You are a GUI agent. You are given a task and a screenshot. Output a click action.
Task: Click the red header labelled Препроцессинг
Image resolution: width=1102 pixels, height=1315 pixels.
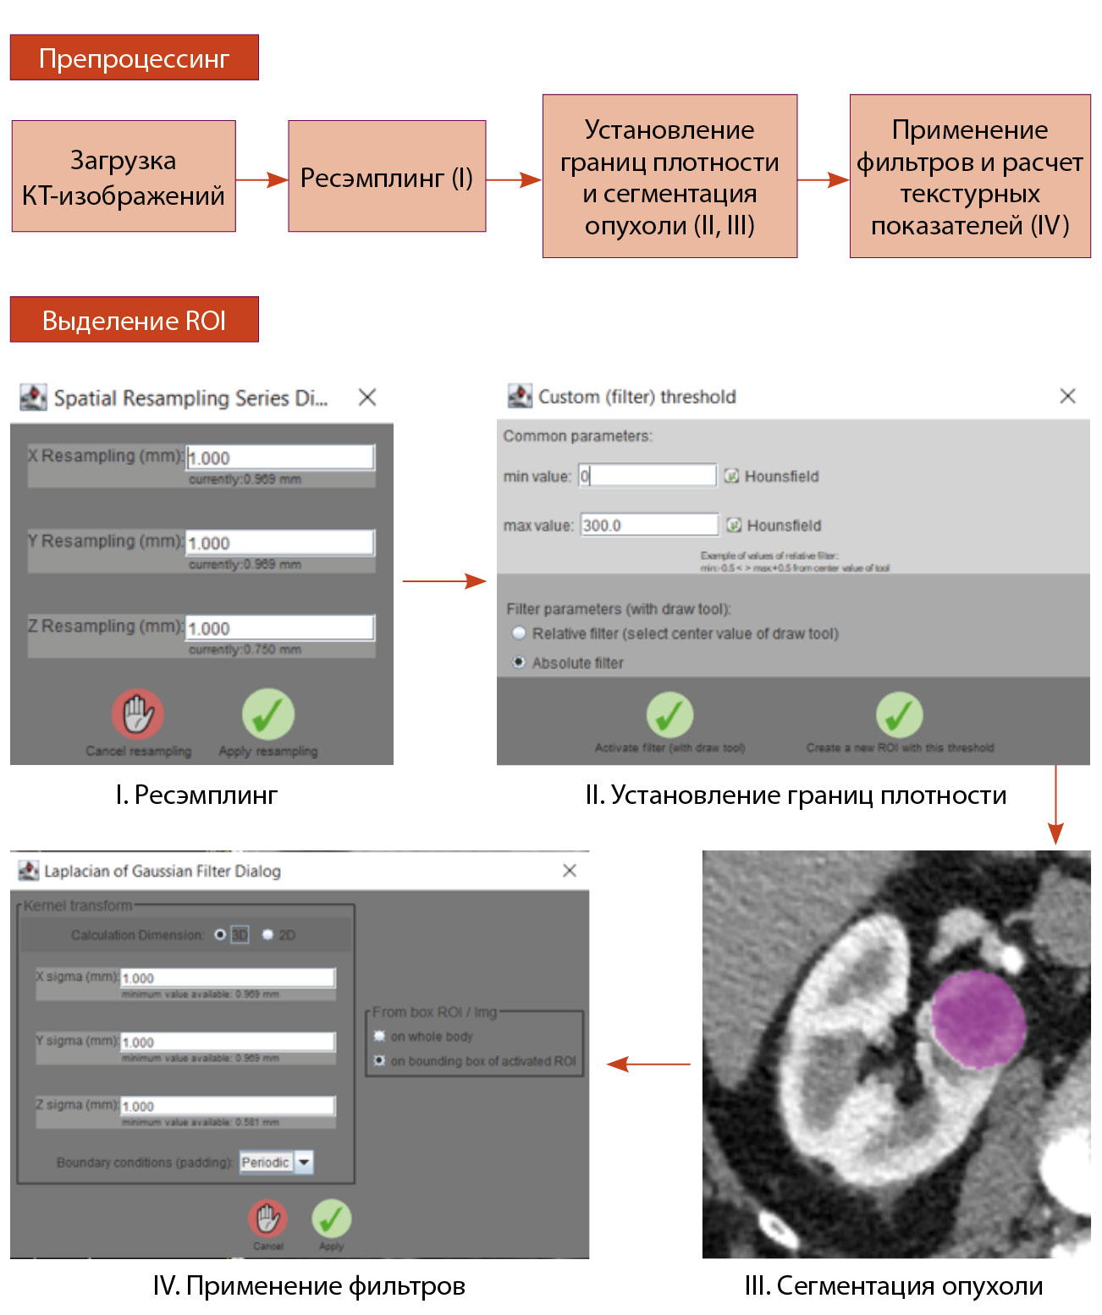point(134,58)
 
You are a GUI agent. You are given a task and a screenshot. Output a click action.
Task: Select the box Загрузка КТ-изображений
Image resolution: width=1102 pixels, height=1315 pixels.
point(124,176)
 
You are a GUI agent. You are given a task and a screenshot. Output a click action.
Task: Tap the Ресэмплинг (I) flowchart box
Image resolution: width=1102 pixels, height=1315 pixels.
point(387,176)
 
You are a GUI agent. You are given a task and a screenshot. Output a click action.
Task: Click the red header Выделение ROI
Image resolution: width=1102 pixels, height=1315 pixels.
point(134,320)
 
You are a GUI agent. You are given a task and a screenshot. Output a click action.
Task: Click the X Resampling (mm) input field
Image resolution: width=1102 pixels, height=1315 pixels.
point(279,458)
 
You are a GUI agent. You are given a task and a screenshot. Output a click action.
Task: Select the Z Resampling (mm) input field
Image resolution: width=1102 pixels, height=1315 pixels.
point(279,628)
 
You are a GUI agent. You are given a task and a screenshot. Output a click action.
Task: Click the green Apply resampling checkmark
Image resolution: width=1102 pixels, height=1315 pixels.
point(268,715)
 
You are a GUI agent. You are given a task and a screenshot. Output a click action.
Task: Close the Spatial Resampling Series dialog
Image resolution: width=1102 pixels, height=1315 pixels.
point(367,397)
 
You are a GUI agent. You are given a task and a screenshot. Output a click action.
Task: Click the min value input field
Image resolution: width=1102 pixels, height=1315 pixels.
point(647,476)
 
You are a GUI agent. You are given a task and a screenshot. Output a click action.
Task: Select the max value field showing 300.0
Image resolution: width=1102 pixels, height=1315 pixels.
point(648,525)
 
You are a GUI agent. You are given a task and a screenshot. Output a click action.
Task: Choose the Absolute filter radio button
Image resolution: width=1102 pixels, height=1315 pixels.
point(519,663)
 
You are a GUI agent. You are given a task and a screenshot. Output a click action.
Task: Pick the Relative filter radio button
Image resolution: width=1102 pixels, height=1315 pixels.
point(519,633)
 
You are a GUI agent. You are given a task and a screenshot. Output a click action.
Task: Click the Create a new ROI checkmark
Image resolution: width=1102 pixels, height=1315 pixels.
point(899,715)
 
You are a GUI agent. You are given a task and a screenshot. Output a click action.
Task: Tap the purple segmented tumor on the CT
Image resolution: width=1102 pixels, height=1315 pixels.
point(977,1019)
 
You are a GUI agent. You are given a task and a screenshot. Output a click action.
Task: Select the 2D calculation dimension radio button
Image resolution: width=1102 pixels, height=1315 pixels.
point(268,935)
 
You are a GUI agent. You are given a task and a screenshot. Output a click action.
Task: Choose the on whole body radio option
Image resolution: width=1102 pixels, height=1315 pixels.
point(380,1037)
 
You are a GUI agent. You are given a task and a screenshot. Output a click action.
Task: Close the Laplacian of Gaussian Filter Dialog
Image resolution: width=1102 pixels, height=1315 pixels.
point(570,871)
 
